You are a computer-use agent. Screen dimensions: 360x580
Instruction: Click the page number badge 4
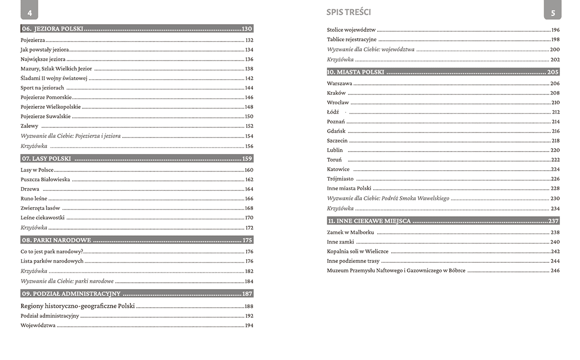pos(29,12)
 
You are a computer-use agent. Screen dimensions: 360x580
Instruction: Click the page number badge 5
pos(552,12)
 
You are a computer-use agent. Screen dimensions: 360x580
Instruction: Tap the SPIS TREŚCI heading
pos(348,12)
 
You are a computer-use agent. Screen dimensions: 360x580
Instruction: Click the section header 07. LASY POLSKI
pos(46,159)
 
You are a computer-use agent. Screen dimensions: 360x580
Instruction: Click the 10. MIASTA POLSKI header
pos(356,72)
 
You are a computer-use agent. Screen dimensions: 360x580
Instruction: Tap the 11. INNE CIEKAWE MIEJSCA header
pos(369,221)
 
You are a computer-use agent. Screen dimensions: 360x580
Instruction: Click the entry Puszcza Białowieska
pos(45,180)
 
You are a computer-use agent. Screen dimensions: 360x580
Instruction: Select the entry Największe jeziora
pos(43,59)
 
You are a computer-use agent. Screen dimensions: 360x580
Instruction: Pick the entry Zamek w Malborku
pos(350,232)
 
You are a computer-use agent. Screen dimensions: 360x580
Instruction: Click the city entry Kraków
pos(336,93)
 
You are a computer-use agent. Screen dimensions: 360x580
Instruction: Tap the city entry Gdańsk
pos(336,131)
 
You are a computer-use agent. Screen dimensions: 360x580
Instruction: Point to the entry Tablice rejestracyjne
pos(352,40)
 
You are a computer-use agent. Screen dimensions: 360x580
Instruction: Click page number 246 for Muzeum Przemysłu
pos(555,271)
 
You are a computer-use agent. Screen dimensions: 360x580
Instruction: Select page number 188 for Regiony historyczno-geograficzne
pos(249,306)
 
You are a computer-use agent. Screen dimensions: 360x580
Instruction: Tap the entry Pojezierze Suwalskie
pos(46,116)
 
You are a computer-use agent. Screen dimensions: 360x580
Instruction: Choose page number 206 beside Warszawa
pos(555,83)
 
